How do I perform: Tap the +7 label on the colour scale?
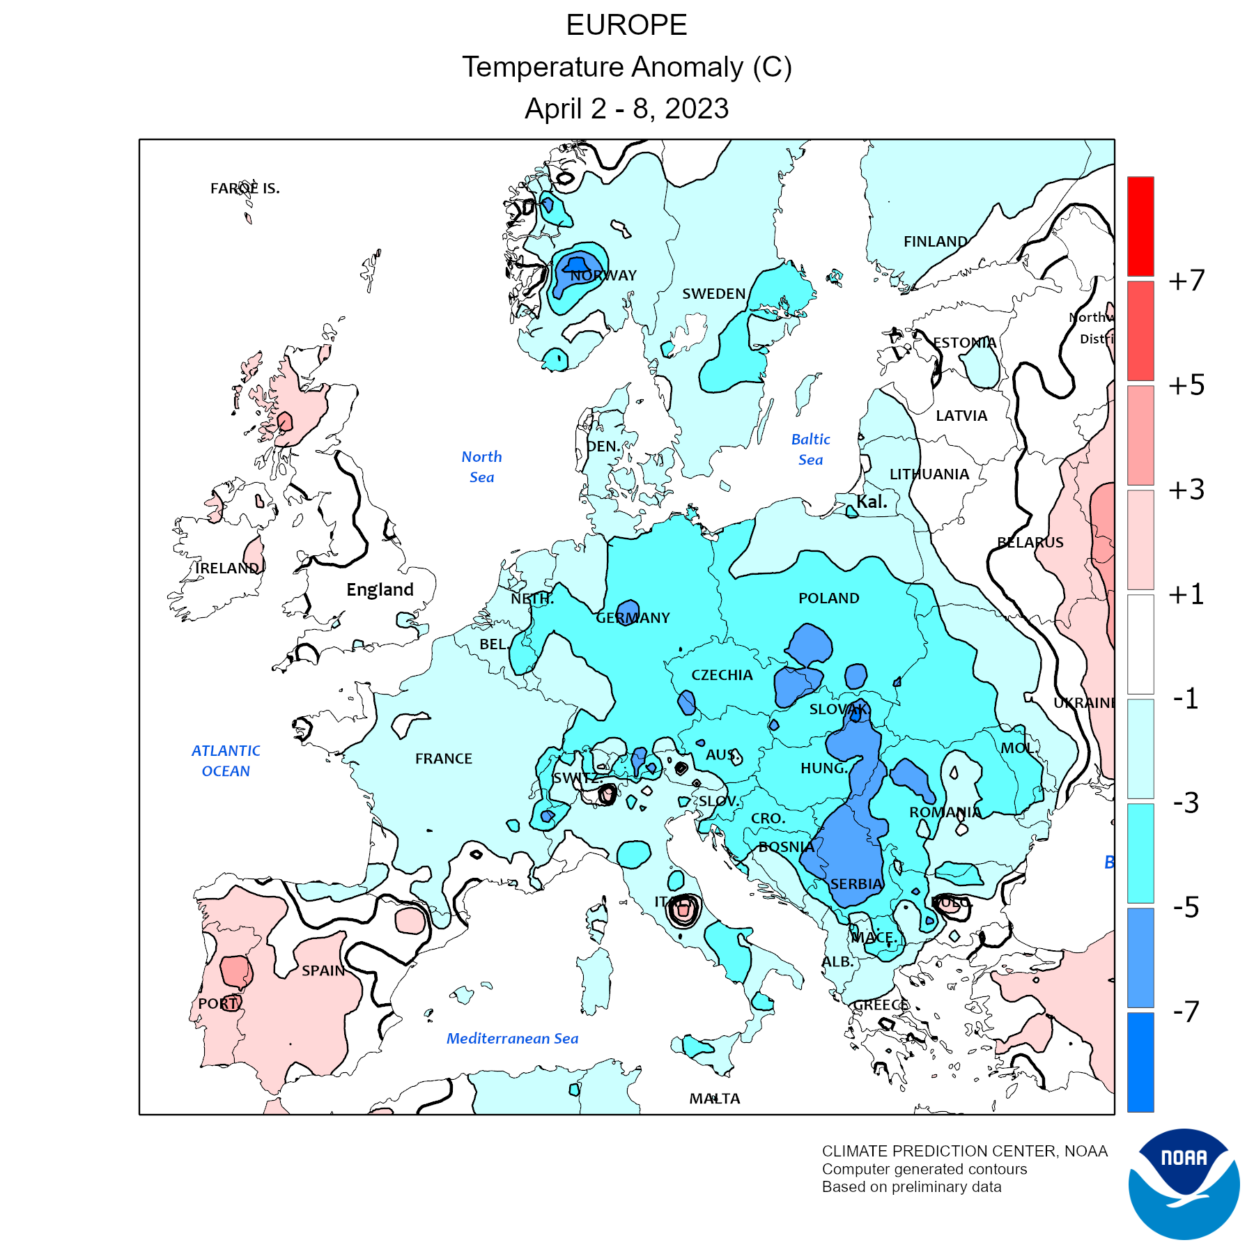pyautogui.click(x=1186, y=281)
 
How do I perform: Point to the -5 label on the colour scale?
pyautogui.click(x=1186, y=907)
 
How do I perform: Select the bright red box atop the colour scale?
pyautogui.click(x=1140, y=226)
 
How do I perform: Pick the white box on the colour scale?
pyautogui.click(x=1140, y=644)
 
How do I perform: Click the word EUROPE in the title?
pyautogui.click(x=626, y=26)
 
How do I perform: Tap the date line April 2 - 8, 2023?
pyautogui.click(x=626, y=109)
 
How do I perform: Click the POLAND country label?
pyautogui.click(x=828, y=598)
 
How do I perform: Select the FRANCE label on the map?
pyautogui.click(x=444, y=759)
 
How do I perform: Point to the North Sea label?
pyautogui.click(x=481, y=467)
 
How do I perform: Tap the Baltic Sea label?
pyautogui.click(x=810, y=449)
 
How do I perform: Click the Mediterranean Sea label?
pyautogui.click(x=512, y=1039)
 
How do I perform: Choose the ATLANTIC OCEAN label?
pyautogui.click(x=226, y=761)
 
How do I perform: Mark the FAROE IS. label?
pyautogui.click(x=245, y=188)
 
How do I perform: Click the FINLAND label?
pyautogui.click(x=935, y=242)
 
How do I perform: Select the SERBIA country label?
pyautogui.click(x=856, y=884)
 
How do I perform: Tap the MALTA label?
pyautogui.click(x=715, y=1099)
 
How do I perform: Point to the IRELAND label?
pyautogui.click(x=227, y=568)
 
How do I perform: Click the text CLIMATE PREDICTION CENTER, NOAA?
pyautogui.click(x=964, y=1151)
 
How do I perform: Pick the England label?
pyautogui.click(x=380, y=590)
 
